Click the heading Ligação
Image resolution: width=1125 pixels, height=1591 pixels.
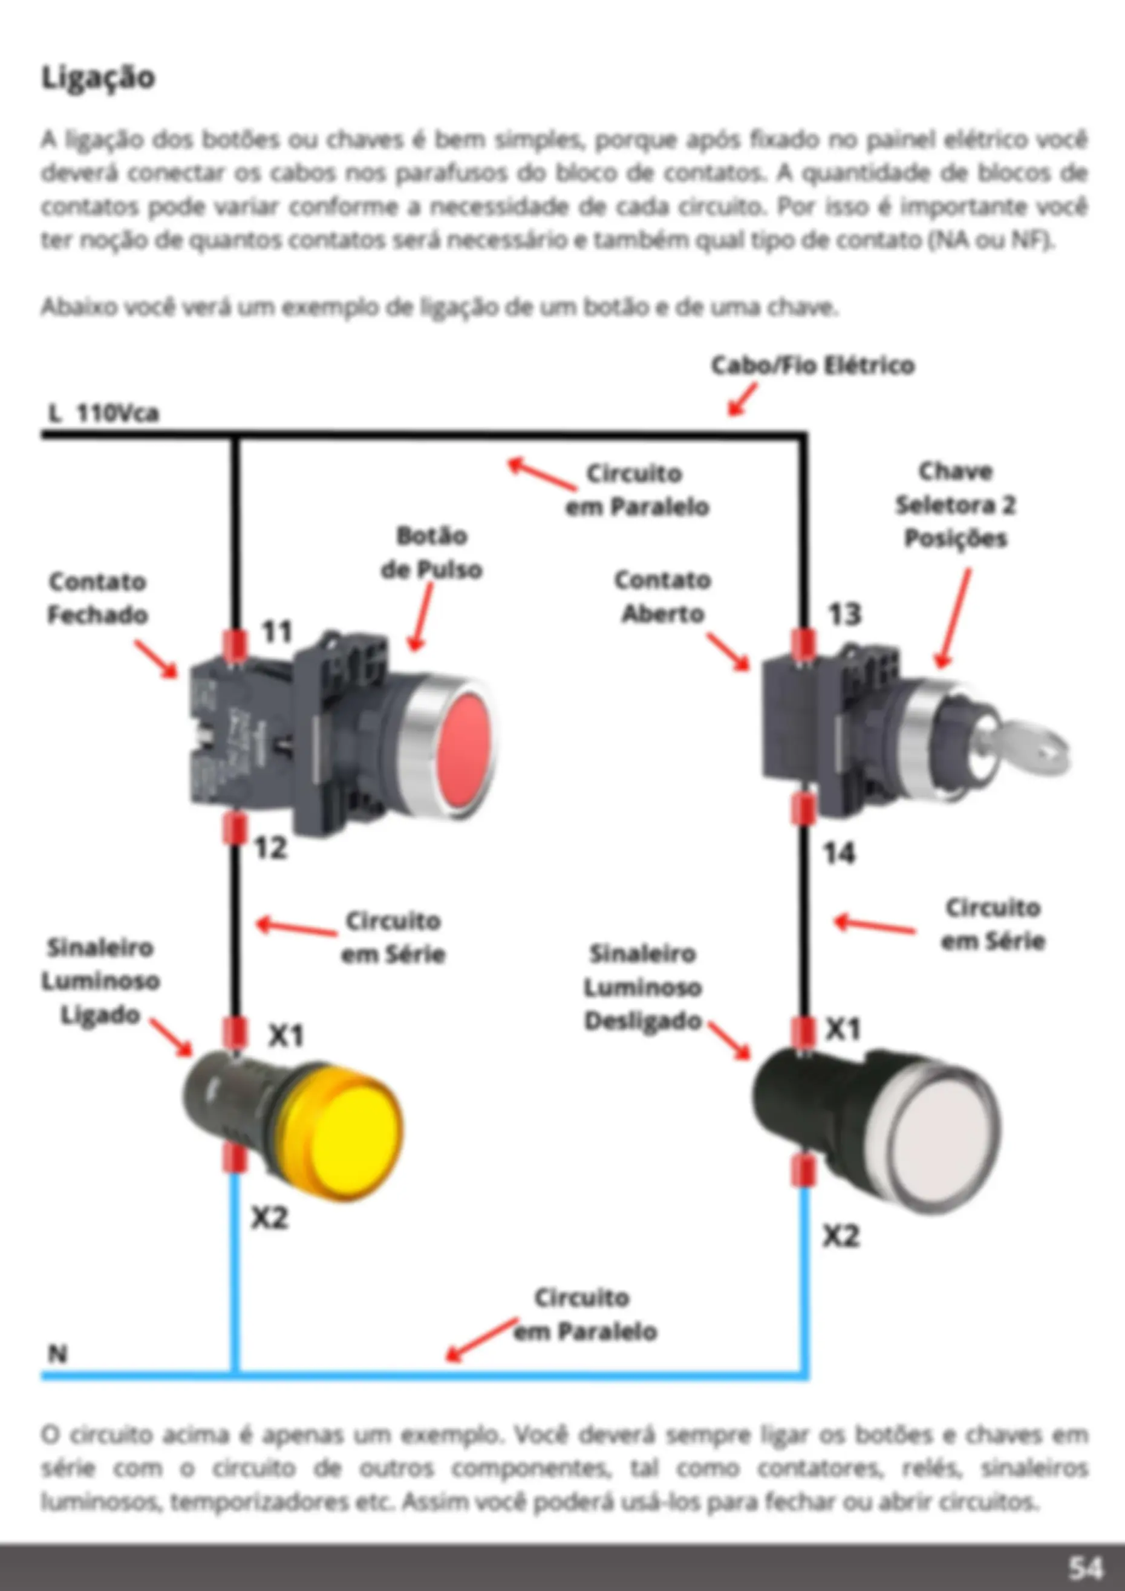[99, 77]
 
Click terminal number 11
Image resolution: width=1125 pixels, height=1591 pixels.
[276, 632]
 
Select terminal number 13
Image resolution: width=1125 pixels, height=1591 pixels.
[845, 614]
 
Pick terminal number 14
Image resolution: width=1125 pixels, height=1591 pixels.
[840, 854]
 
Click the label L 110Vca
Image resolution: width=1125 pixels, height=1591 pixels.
[104, 414]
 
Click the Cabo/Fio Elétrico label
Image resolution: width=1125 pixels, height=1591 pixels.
[813, 365]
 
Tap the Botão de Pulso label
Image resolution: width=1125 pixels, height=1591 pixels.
[431, 553]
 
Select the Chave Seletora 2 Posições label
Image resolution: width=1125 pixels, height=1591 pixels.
[955, 505]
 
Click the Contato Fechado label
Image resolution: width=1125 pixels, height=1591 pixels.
[98, 598]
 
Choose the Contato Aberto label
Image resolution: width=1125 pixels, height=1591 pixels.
[663, 597]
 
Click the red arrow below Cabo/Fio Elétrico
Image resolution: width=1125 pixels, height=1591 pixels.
[742, 400]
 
